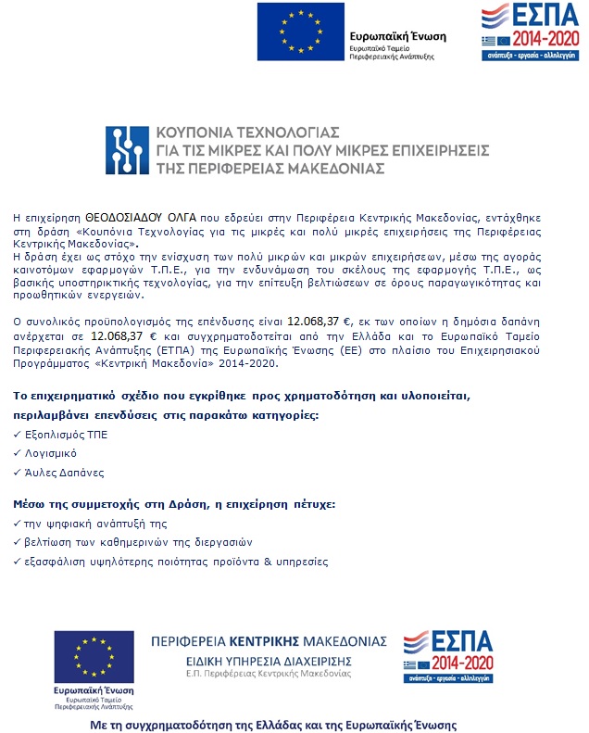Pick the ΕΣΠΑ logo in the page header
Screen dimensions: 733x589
point(524,31)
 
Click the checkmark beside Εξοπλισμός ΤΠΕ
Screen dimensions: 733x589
point(19,435)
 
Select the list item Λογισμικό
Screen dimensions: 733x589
point(52,453)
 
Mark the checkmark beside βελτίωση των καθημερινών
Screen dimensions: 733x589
point(19,543)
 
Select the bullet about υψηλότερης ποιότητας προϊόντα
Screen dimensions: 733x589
point(176,562)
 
